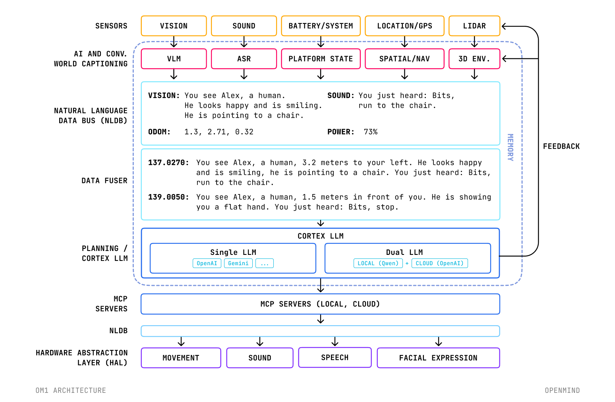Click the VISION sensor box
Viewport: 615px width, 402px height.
[x=174, y=26]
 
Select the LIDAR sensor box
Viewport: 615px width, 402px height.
[x=474, y=26]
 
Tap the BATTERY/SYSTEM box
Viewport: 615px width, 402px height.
[x=321, y=26]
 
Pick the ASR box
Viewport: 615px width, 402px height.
[x=244, y=59]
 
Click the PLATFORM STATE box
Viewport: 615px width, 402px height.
[x=321, y=59]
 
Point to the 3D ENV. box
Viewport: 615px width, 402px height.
[x=474, y=59]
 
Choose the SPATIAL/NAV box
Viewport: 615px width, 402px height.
[x=404, y=59]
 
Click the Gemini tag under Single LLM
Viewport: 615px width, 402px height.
[x=238, y=263]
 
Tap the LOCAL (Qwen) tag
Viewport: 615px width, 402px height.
[x=378, y=263]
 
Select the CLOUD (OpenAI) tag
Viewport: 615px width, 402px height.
[x=439, y=263]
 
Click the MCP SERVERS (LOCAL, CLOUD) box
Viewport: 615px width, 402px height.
[x=320, y=304]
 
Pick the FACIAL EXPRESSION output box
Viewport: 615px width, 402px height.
[x=439, y=358]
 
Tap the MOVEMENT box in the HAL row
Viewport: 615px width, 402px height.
[x=181, y=358]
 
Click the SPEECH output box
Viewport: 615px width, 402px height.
[x=335, y=357]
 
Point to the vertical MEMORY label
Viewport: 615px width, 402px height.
[x=511, y=147]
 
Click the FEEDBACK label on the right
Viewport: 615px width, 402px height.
[x=561, y=146]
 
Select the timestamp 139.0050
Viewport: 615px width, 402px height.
[x=168, y=197]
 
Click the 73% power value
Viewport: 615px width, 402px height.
[x=371, y=132]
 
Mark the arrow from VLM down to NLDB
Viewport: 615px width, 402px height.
[x=174, y=74]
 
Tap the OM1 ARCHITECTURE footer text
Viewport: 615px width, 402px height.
[x=71, y=390]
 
